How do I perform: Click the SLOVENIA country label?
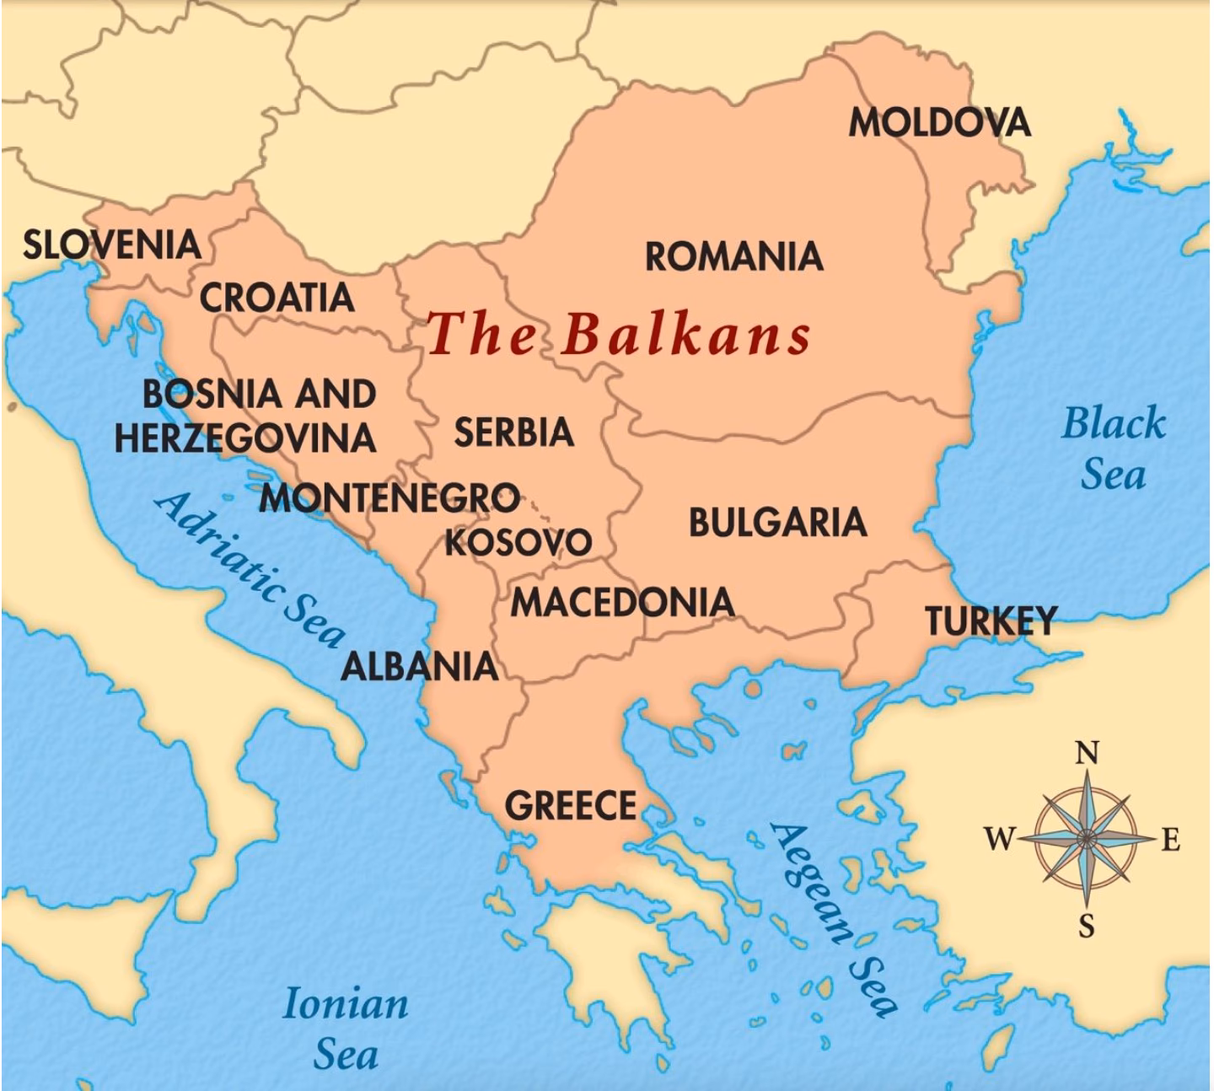[111, 245]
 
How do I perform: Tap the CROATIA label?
[277, 298]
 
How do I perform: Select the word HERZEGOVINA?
[245, 438]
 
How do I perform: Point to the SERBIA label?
[513, 433]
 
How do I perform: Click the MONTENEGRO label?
[389, 498]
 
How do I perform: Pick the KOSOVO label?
[518, 541]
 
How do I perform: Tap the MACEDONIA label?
[622, 602]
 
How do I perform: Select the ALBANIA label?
[419, 667]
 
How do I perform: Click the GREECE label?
[571, 806]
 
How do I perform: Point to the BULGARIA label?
[777, 523]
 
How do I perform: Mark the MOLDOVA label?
[939, 123]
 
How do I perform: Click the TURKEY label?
[991, 621]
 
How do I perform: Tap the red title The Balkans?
[618, 334]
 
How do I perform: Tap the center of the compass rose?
[1087, 838]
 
